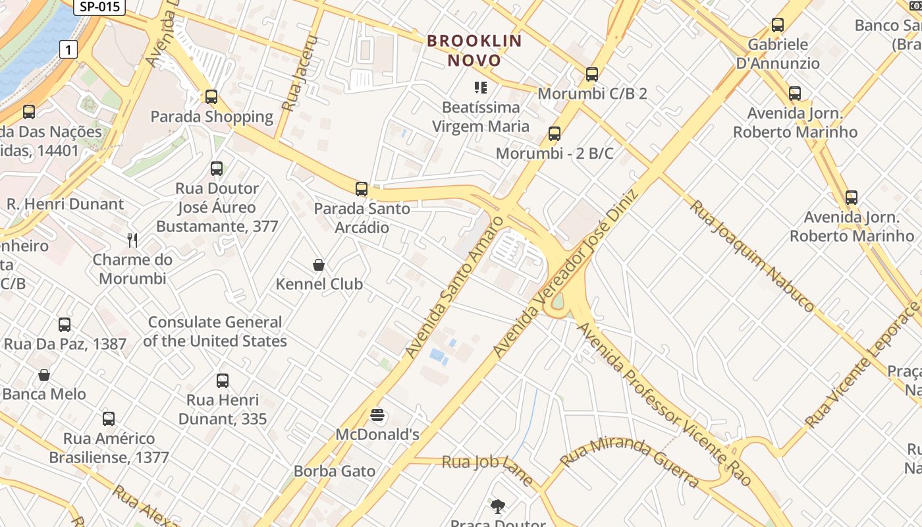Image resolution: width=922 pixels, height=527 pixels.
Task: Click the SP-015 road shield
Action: [98, 7]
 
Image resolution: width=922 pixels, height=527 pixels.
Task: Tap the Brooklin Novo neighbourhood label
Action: [474, 51]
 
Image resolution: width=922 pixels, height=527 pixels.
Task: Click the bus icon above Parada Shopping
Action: [211, 97]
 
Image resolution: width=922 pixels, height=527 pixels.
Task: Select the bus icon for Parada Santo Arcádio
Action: [361, 189]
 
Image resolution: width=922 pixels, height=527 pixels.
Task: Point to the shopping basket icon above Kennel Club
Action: [319, 265]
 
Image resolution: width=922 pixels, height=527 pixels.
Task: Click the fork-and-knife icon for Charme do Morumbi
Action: [132, 240]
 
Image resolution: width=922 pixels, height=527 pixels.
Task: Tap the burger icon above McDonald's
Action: [377, 415]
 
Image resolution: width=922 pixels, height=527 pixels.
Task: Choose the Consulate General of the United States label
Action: [215, 331]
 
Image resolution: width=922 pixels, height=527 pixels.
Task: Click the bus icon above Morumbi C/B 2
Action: [592, 74]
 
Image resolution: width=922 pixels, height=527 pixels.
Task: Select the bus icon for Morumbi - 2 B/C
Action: [555, 134]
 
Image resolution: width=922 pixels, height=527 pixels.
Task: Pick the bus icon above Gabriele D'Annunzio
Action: [778, 26]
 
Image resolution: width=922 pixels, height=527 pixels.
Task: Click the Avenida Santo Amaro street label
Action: [454, 287]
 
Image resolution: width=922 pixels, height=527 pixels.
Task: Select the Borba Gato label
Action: [335, 471]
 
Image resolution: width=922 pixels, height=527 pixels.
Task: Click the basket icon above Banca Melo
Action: [44, 375]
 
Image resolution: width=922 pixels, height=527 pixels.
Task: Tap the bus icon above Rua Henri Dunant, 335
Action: [223, 380]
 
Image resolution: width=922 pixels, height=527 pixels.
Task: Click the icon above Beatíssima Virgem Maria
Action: [481, 87]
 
